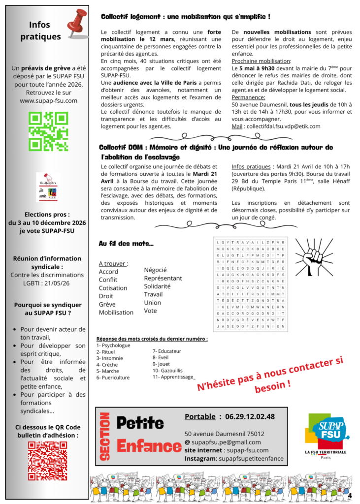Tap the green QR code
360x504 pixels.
coord(48,131)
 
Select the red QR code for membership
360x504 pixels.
coord(48,460)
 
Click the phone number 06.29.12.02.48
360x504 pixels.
coord(250,417)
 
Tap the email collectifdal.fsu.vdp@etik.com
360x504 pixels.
coord(283,126)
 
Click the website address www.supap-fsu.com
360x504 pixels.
coord(48,100)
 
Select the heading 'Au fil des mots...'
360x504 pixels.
coord(126,244)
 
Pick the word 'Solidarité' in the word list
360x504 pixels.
coord(157,286)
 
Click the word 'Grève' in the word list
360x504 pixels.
coord(107,304)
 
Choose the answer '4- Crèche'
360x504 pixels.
coord(107,365)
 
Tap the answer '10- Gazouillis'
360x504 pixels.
coord(167,370)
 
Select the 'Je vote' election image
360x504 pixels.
coord(48,188)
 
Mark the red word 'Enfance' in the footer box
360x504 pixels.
coord(149,446)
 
